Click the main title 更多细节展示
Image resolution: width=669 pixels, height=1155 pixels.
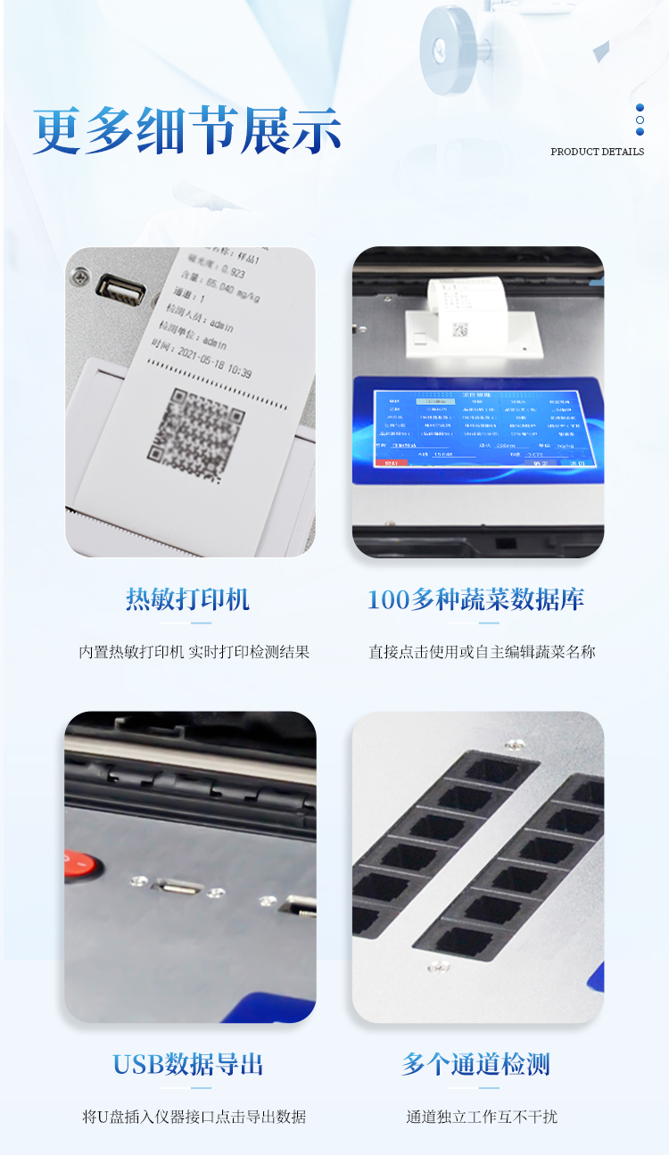tap(187, 132)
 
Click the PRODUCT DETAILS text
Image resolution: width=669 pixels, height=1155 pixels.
tap(597, 152)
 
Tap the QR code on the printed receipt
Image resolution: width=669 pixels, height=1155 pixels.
tap(195, 425)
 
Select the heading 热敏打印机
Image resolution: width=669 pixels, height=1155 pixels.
tap(188, 599)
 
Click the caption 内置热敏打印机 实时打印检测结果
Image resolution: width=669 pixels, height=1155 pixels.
tap(194, 652)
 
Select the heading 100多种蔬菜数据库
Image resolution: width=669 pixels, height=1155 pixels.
tap(476, 599)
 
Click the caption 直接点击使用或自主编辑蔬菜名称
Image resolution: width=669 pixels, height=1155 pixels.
tap(482, 652)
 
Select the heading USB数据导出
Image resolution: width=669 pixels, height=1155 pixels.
tap(188, 1064)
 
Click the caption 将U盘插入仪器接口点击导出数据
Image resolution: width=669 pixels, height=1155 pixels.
tap(194, 1117)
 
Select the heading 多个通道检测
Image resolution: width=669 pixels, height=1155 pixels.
tap(476, 1064)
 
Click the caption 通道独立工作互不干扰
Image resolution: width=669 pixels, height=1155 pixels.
tap(482, 1117)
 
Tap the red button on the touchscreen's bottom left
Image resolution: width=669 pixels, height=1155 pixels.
tap(391, 463)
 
